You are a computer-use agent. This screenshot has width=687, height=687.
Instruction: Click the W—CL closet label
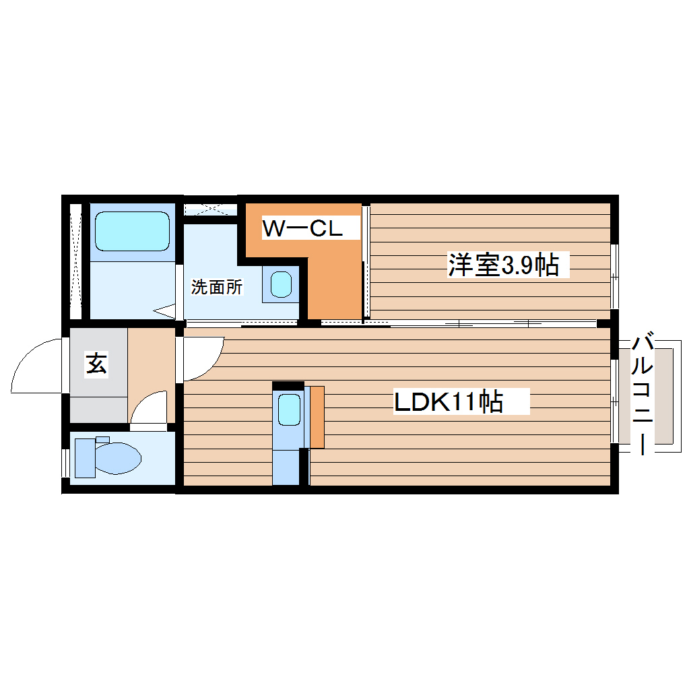click(x=302, y=228)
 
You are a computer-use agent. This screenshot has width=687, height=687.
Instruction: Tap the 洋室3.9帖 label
click(x=503, y=265)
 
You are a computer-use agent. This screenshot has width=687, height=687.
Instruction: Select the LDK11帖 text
click(x=448, y=402)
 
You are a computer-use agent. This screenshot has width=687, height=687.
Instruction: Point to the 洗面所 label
click(x=216, y=287)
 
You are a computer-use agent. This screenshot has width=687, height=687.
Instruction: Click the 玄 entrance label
click(x=96, y=364)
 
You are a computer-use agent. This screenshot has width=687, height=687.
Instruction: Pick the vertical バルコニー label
click(x=643, y=393)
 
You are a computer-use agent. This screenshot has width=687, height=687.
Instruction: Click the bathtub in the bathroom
click(x=132, y=231)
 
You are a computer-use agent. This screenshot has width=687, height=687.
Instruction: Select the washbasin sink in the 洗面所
click(x=281, y=284)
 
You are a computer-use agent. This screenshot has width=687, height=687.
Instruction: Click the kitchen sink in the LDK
click(x=289, y=410)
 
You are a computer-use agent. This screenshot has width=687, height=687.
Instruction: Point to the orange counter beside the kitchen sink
click(x=317, y=417)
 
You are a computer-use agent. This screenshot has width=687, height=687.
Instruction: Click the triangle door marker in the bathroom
click(x=164, y=310)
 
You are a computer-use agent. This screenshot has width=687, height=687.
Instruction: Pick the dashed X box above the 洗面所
click(x=210, y=208)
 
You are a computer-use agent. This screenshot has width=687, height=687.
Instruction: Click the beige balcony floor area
click(x=663, y=396)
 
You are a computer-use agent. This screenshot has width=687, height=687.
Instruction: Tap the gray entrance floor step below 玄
click(x=98, y=408)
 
